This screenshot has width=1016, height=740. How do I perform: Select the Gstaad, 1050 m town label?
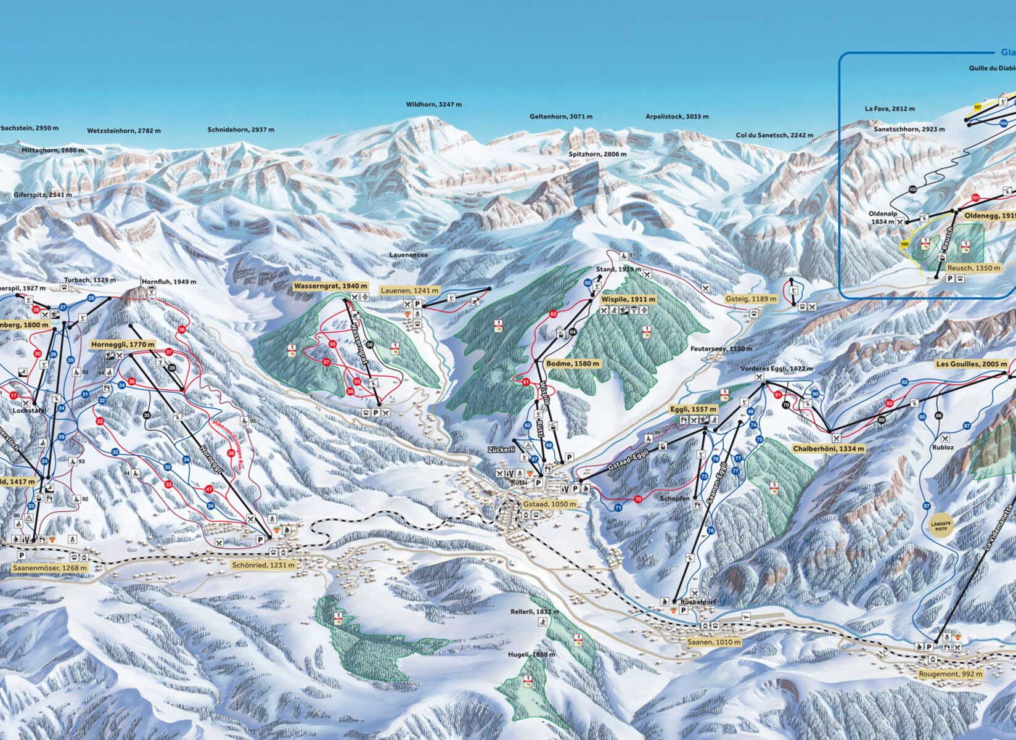[549, 504]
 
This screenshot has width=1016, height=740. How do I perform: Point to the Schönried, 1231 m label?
[263, 565]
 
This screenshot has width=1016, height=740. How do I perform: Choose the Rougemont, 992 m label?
[950, 674]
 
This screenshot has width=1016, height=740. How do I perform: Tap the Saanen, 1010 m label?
[714, 642]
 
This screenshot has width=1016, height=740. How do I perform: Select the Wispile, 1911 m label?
[628, 299]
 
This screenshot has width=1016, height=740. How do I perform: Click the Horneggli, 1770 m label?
[123, 344]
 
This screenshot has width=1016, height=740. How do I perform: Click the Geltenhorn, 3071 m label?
[561, 117]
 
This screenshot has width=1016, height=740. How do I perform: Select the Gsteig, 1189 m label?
[750, 299]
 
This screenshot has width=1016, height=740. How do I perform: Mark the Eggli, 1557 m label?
[693, 409]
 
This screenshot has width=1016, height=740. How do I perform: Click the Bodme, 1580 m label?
[573, 364]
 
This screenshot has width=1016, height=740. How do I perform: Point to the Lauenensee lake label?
[408, 254]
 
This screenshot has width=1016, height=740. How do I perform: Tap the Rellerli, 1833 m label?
[534, 612]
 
